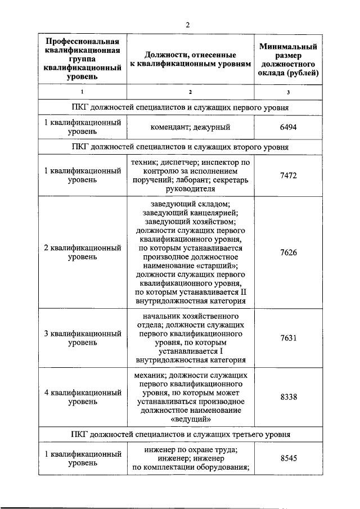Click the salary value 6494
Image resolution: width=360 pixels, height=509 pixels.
(x=288, y=127)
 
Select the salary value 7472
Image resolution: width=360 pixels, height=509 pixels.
(x=288, y=175)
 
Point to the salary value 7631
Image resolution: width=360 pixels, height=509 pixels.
(x=288, y=338)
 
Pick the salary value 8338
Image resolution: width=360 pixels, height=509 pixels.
(x=288, y=397)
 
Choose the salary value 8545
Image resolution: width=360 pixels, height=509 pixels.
(x=288, y=458)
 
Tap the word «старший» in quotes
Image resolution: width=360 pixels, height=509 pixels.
(x=218, y=265)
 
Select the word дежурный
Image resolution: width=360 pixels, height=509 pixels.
(x=212, y=127)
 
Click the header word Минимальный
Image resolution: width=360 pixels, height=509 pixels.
(x=288, y=46)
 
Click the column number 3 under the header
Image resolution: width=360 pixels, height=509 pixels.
(x=288, y=92)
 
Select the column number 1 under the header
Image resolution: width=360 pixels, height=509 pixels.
(x=83, y=92)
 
